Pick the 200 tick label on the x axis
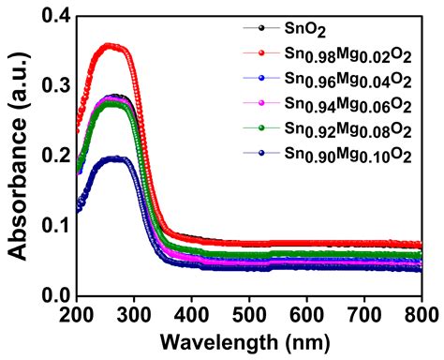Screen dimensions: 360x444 pyautogui.click(x=76, y=314)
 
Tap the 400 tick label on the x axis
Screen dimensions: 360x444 pyautogui.click(x=191, y=314)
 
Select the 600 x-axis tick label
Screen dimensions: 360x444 pyautogui.click(x=306, y=314)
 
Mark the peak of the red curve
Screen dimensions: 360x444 pyautogui.click(x=111, y=45)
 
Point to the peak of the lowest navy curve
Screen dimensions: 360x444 pyautogui.click(x=114, y=158)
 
